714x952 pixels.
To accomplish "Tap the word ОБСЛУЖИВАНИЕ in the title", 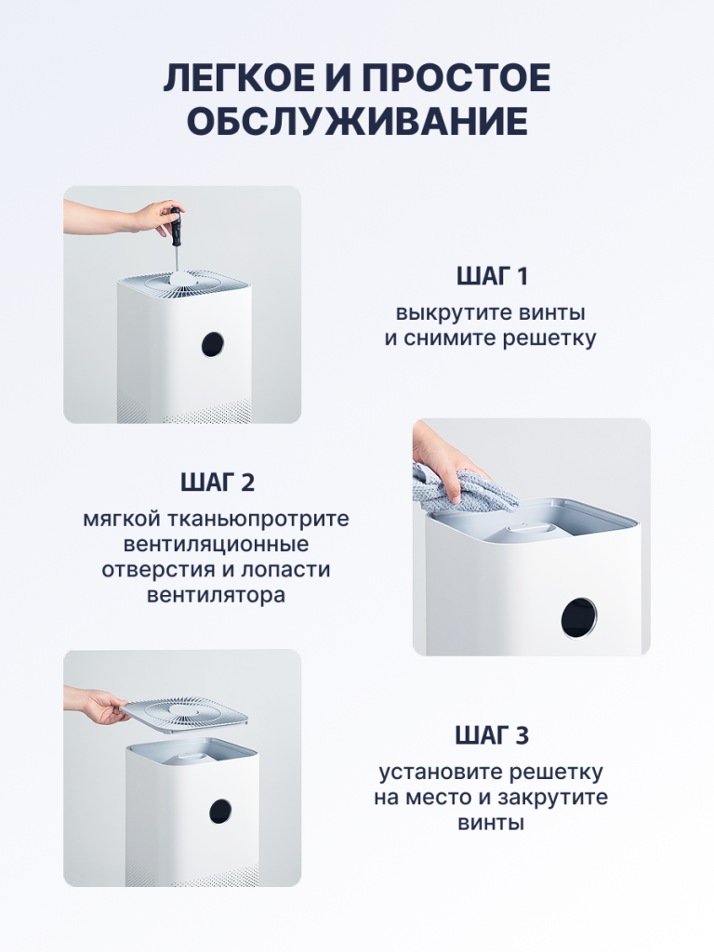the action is point(357,122).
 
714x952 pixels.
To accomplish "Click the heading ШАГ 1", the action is point(493,277).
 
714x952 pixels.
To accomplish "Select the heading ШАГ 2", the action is point(217,483).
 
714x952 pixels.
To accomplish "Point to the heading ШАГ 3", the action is point(492,736).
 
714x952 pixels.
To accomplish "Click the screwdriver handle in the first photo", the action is point(176,221).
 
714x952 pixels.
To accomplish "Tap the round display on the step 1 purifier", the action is point(212,345).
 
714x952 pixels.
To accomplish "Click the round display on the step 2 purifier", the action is point(578,618).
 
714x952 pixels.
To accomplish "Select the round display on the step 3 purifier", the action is point(219,812).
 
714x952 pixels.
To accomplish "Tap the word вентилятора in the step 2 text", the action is point(216,595).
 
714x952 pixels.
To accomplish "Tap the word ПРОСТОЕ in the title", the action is point(457,78).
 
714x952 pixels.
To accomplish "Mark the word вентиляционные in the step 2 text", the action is point(216,545).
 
